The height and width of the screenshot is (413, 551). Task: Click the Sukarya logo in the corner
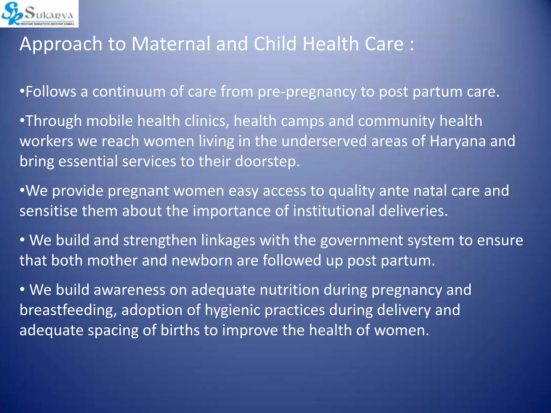pyautogui.click(x=39, y=13)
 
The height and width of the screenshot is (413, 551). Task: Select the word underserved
pyautogui.click(x=324, y=141)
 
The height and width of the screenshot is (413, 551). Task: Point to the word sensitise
pyautogui.click(x=48, y=211)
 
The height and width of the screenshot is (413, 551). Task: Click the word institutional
pyautogui.click(x=333, y=211)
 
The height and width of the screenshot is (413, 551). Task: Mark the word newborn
pyautogui.click(x=202, y=261)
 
